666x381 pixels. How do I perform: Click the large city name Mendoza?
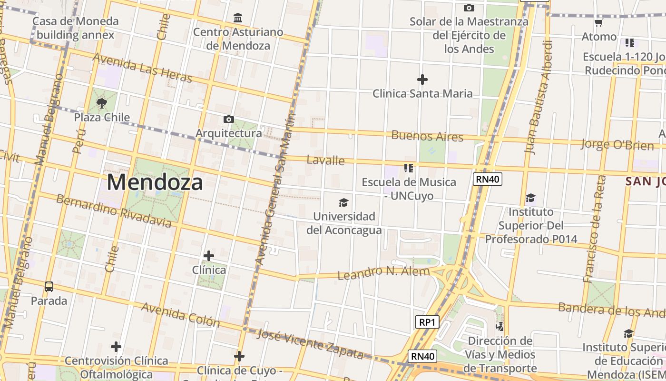tap(155, 182)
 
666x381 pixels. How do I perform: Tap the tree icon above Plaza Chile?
tap(101, 103)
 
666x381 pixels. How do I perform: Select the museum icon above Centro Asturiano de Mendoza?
tap(238, 18)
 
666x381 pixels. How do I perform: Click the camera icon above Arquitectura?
tap(229, 119)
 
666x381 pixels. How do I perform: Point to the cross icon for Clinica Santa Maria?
tap(422, 79)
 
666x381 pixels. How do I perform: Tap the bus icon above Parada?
tap(49, 287)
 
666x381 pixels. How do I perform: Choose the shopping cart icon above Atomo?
tap(599, 22)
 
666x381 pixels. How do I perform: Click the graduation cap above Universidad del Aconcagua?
tap(343, 203)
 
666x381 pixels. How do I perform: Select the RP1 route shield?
tap(427, 322)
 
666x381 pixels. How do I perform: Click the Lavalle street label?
tap(325, 160)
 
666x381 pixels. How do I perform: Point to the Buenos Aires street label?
tap(427, 136)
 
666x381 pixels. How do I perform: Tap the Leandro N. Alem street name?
tap(383, 273)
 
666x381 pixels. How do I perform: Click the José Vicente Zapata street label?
tap(310, 344)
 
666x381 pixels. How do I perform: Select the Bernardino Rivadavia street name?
tap(113, 211)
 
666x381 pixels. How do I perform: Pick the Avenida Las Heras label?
tap(142, 67)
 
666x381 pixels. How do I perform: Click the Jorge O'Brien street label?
tap(617, 144)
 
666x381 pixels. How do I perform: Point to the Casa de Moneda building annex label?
tap(76, 28)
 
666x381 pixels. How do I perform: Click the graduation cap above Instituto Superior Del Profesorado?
tap(530, 198)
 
